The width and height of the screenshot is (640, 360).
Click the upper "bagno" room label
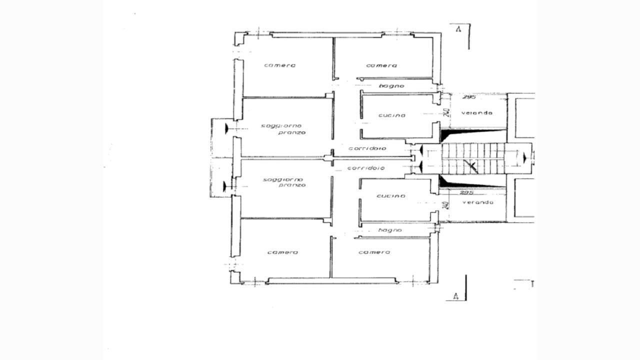tap(391, 85)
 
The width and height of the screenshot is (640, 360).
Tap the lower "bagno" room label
tap(390, 230)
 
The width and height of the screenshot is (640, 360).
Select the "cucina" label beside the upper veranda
tap(392, 115)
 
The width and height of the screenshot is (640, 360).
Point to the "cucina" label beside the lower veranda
tap(391, 196)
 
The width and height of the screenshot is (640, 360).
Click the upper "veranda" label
tap(477, 113)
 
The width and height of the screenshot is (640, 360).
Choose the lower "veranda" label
tap(478, 202)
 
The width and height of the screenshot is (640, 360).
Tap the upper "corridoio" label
tap(367, 148)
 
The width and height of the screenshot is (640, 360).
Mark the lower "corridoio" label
tap(366, 168)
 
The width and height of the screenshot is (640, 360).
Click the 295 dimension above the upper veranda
tap(469, 97)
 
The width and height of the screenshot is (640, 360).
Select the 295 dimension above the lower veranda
tap(466, 193)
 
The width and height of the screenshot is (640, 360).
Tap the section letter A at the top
tap(458, 29)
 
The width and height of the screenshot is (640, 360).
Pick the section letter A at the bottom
tap(455, 296)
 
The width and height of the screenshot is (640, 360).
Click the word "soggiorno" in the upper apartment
tap(281, 125)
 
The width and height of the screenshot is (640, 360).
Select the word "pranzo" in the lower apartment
tap(292, 185)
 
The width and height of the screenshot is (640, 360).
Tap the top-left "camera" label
tap(279, 65)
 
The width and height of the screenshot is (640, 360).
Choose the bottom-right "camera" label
tap(374, 252)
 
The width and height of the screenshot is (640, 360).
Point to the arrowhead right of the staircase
tap(524, 157)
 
